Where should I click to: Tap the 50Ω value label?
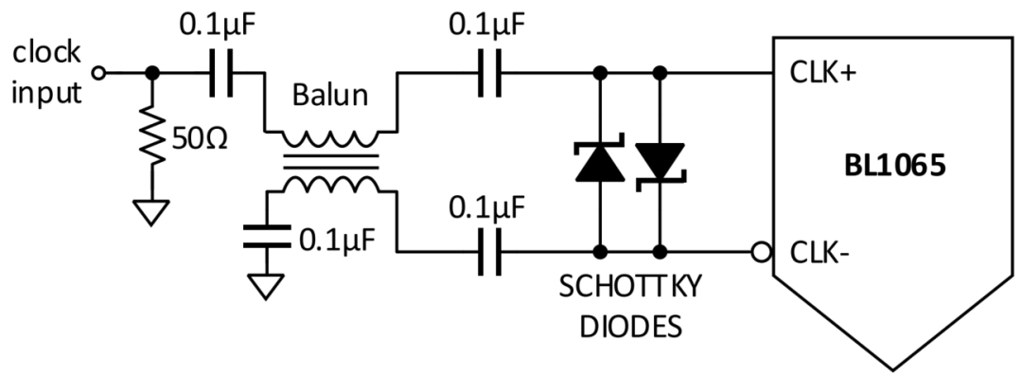pyautogui.click(x=197, y=138)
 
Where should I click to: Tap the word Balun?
pyautogui.click(x=326, y=99)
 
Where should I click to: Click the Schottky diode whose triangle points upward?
pyautogui.click(x=600, y=162)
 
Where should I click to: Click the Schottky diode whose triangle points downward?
pyautogui.click(x=661, y=162)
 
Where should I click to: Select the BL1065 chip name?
pyautogui.click(x=894, y=167)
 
